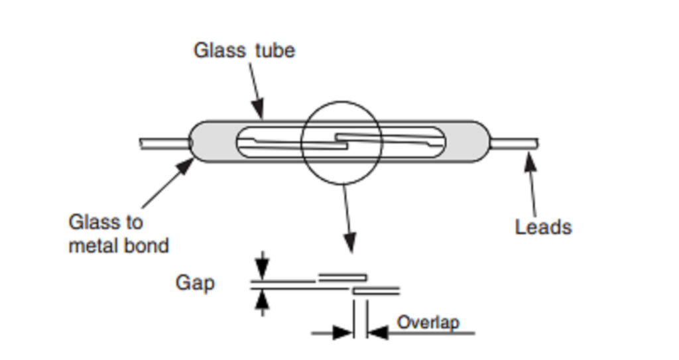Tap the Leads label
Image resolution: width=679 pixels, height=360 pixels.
(x=543, y=227)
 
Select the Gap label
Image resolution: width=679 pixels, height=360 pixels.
(x=195, y=283)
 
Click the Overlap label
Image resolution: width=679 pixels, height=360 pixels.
(x=428, y=323)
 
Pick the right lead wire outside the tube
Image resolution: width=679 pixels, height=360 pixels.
(x=514, y=143)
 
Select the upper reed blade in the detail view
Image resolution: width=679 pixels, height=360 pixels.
(x=342, y=277)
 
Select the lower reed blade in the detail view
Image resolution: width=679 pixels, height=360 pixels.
(x=376, y=290)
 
